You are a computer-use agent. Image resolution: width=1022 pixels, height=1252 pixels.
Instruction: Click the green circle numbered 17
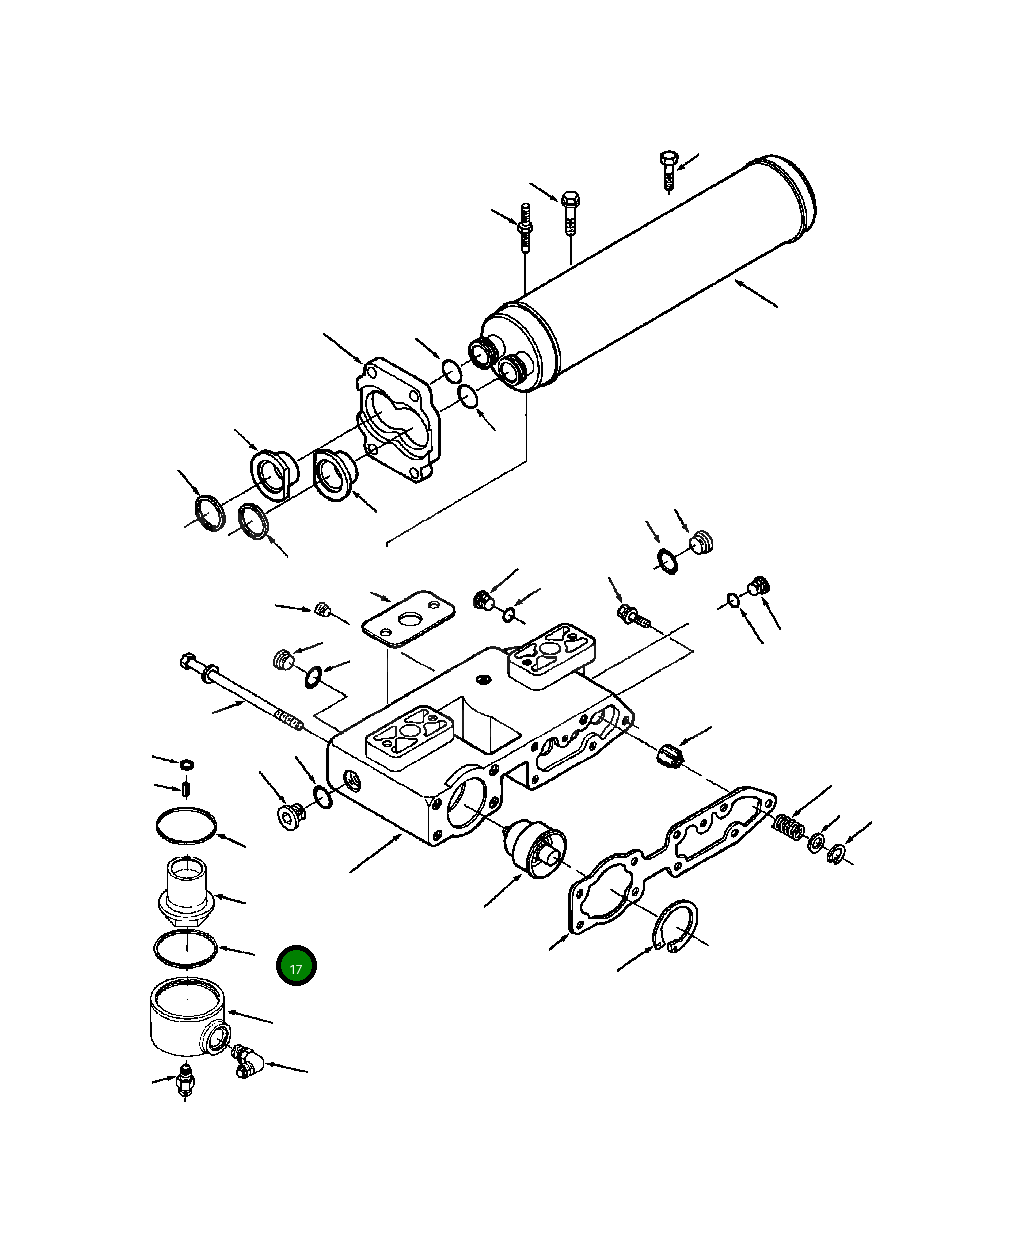(296, 967)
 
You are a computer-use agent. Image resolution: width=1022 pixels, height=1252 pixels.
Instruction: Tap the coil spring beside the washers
(789, 829)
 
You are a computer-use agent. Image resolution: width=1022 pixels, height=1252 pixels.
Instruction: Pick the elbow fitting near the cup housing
(245, 1061)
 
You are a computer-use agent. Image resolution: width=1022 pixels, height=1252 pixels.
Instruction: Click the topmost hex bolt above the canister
(669, 169)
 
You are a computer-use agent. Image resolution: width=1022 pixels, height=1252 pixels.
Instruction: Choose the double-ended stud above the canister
(525, 229)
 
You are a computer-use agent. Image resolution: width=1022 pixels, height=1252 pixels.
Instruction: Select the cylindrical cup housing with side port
(184, 1015)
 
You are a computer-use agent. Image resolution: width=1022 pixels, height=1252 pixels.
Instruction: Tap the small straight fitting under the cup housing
(184, 1082)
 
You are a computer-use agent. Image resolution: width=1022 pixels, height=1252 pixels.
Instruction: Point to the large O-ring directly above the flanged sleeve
(186, 824)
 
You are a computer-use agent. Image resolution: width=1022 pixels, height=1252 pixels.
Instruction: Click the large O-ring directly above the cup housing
(185, 947)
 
